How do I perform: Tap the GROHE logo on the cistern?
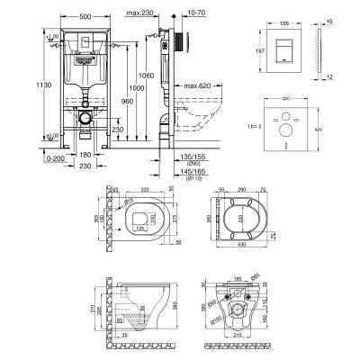[85, 54]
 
